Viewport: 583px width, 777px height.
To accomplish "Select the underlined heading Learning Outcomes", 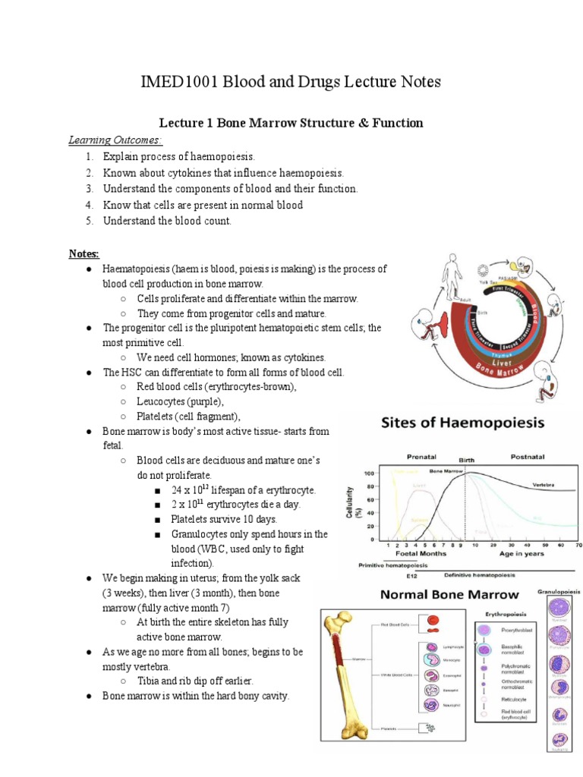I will (115, 140).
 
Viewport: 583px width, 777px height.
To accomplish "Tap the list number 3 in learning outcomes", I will (89, 188).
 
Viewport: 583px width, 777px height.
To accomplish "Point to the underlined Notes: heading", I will (84, 253).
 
